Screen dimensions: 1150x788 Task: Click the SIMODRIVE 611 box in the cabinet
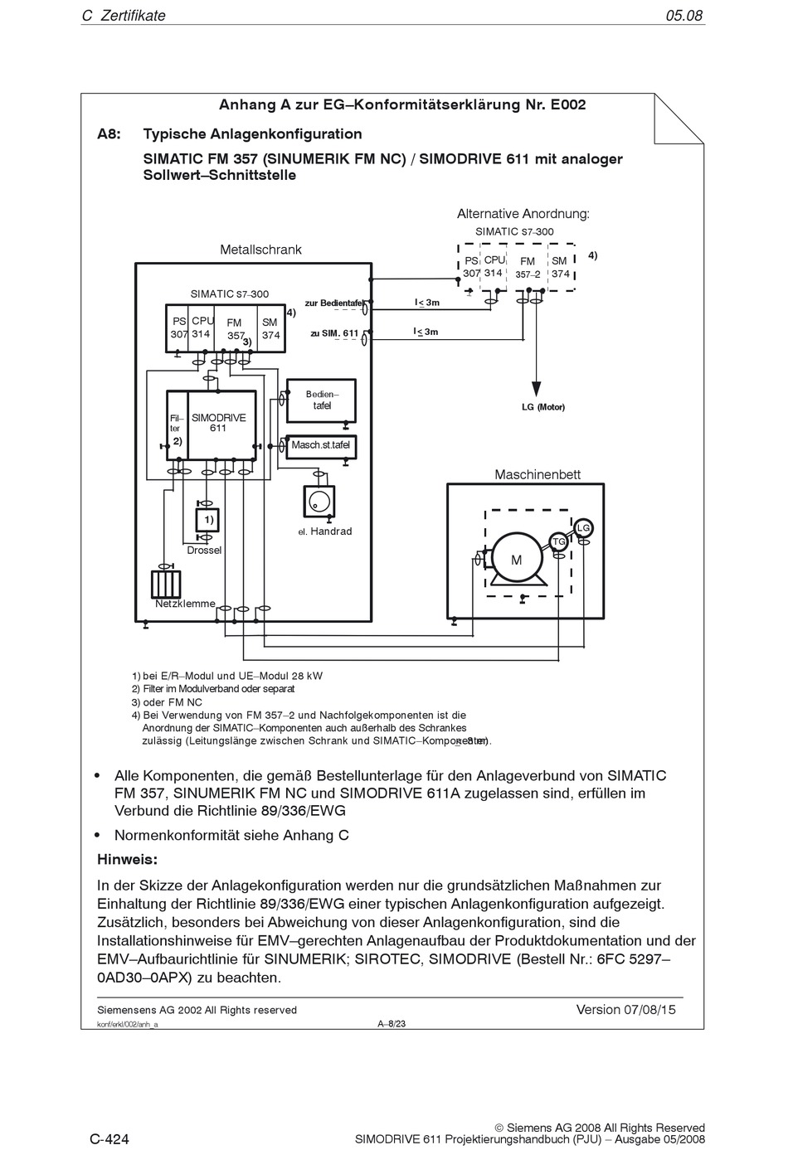coord(221,425)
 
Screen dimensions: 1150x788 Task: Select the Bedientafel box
coord(321,400)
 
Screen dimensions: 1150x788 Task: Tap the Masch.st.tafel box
coord(320,445)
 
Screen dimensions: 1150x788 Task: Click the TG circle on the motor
coord(559,541)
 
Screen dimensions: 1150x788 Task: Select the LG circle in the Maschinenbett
coord(583,528)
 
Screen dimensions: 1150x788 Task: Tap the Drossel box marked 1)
coord(207,520)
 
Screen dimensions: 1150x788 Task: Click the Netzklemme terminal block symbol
coord(166,584)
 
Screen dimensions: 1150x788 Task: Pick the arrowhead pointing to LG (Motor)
coord(537,388)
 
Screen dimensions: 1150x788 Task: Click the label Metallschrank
coord(260,250)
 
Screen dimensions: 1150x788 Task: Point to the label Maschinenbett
coord(537,475)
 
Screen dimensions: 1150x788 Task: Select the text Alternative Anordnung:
coord(523,214)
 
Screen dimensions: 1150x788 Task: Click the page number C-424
coord(109,1139)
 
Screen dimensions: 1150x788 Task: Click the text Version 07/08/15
coord(625,1010)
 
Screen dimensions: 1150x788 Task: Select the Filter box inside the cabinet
coord(177,425)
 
